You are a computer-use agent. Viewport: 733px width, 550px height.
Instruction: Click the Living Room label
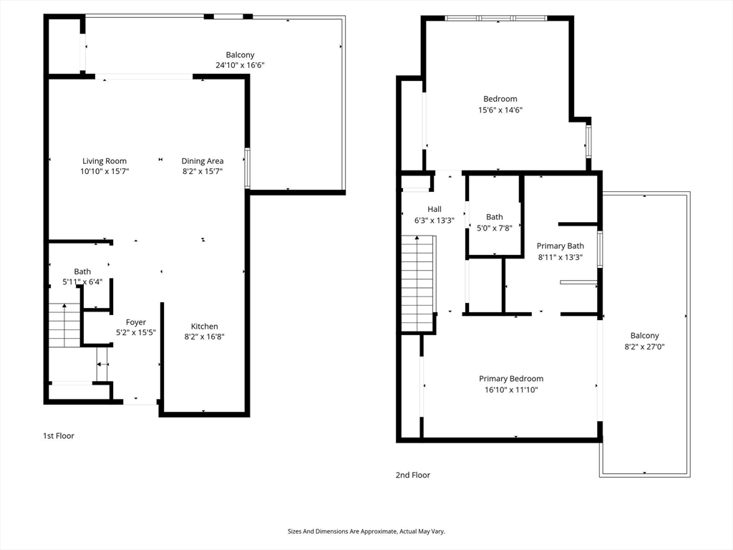[x=105, y=161]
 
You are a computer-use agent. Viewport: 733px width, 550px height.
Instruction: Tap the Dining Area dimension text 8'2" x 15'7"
[x=203, y=171]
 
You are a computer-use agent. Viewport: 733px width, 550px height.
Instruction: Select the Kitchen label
[x=204, y=326]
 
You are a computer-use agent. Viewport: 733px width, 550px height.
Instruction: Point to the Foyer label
[x=135, y=322]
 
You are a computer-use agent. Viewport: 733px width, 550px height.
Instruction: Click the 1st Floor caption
[x=59, y=436]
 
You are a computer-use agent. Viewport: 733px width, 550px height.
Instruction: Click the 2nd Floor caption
[x=413, y=476]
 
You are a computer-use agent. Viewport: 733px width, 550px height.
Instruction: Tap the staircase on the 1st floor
[x=64, y=325]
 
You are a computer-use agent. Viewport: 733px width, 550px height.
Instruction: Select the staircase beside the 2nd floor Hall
[x=418, y=284]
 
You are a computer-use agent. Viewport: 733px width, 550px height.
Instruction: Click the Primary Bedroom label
[x=511, y=378]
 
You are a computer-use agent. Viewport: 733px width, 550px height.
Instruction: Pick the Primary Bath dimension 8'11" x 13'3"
[x=560, y=257]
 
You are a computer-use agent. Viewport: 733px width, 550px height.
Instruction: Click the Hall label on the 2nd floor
[x=435, y=209]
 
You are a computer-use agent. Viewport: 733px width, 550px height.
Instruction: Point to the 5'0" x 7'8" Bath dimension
[x=494, y=228]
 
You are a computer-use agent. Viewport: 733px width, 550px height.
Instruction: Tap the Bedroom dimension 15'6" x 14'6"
[x=500, y=110]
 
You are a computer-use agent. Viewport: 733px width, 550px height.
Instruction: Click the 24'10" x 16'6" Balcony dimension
[x=240, y=65]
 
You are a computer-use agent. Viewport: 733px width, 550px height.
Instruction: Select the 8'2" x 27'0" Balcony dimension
[x=644, y=347]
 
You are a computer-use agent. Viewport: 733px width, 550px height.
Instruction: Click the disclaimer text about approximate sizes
[x=366, y=531]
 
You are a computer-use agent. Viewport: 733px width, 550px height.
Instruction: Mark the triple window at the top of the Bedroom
[x=495, y=18]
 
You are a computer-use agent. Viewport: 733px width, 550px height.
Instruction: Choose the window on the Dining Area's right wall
[x=247, y=168]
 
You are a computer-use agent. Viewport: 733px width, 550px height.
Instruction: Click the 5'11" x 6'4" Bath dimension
[x=82, y=282]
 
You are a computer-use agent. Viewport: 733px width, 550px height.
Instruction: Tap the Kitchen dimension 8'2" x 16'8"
[x=204, y=337]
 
